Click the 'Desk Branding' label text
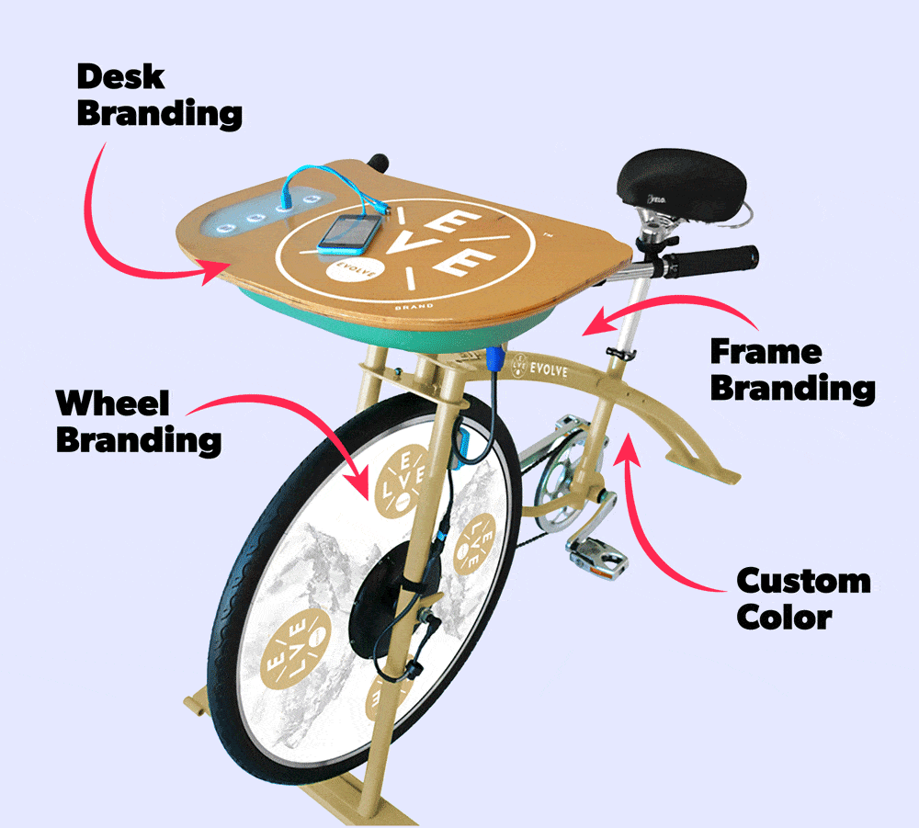click(x=159, y=96)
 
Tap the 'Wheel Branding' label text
click(x=139, y=422)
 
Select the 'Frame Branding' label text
click(x=793, y=371)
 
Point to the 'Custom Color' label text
click(x=803, y=598)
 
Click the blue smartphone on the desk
click(x=350, y=233)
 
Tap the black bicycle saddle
click(x=682, y=182)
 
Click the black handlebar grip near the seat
click(x=710, y=261)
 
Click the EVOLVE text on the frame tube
click(x=549, y=369)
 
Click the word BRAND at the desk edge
click(x=414, y=306)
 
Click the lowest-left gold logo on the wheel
click(x=295, y=647)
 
